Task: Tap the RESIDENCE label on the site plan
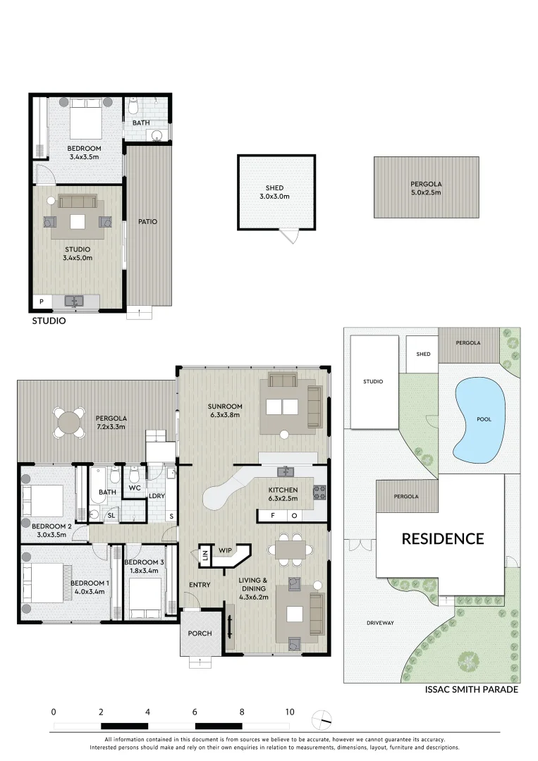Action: tap(443, 539)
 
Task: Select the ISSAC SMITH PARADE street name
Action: tap(472, 690)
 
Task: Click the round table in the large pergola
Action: tap(68, 423)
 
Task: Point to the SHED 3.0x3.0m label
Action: tap(274, 192)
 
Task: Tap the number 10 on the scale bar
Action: tap(289, 712)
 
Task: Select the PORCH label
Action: tap(200, 633)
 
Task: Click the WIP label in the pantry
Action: tap(225, 550)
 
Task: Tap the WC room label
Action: tap(135, 488)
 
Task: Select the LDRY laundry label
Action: tap(157, 495)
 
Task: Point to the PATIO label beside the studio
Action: tap(147, 221)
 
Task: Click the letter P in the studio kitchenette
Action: tap(42, 302)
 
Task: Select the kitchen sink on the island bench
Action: tap(287, 472)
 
